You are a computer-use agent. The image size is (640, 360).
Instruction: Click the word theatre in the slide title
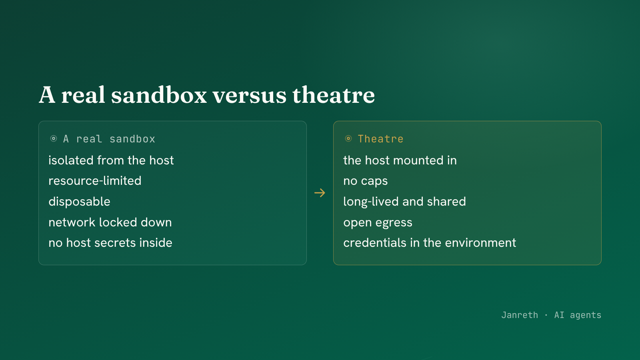tap(334, 95)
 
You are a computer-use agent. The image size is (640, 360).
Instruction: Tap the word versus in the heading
tap(250, 96)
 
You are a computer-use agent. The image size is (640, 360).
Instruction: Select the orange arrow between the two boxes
tap(320, 193)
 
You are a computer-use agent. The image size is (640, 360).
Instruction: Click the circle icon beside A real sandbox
tap(54, 138)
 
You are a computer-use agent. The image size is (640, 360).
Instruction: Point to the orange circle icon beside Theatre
tap(348, 138)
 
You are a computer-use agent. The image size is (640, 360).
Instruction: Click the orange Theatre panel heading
tap(380, 139)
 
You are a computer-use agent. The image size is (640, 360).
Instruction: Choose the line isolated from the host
tap(111, 160)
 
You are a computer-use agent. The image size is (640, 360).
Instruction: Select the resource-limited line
tap(95, 181)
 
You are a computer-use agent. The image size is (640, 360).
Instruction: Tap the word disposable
tap(80, 202)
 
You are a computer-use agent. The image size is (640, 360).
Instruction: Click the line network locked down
tap(110, 222)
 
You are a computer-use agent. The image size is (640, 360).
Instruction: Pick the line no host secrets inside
tap(110, 243)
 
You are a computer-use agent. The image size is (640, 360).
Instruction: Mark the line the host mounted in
tap(400, 160)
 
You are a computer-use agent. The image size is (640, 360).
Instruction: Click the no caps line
tap(366, 181)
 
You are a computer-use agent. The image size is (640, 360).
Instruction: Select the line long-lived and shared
tap(404, 202)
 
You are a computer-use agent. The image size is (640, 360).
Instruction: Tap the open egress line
tap(378, 223)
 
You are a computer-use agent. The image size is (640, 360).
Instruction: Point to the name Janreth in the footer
tap(520, 315)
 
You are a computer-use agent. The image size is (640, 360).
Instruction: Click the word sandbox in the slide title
tap(159, 95)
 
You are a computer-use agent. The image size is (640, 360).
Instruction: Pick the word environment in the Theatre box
tap(480, 243)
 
